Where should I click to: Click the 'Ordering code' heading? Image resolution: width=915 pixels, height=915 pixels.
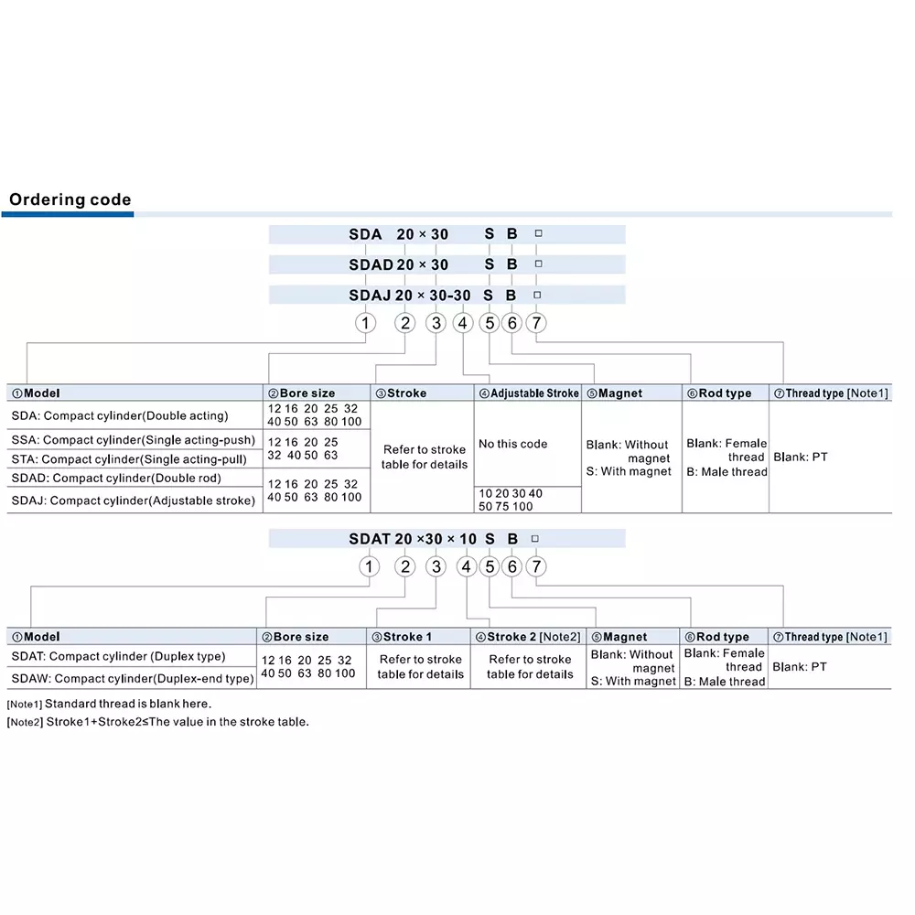click(x=70, y=199)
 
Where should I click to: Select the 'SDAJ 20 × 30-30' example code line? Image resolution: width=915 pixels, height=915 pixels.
click(x=410, y=296)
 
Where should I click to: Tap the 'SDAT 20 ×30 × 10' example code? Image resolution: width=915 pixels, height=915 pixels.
click(x=413, y=540)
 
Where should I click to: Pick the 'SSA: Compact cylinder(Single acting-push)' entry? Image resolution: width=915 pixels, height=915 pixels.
click(x=134, y=440)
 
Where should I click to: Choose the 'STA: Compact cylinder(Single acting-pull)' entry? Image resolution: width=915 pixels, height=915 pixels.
click(x=132, y=458)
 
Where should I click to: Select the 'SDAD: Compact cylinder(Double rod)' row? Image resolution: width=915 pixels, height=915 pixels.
click(x=116, y=478)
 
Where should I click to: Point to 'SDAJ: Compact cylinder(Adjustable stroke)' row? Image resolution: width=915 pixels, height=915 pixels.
click(x=133, y=501)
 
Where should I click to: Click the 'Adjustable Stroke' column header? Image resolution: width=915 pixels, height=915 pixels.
click(x=528, y=393)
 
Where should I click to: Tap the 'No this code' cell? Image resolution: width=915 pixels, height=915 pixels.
click(x=512, y=444)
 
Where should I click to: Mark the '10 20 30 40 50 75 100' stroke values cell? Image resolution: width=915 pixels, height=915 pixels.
click(x=510, y=500)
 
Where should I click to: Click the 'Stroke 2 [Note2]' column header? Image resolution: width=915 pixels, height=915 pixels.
click(x=528, y=637)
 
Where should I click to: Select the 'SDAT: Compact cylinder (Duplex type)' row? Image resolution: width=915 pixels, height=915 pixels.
click(x=118, y=656)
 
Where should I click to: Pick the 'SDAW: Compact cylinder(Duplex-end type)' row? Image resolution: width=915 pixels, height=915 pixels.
click(x=132, y=679)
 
